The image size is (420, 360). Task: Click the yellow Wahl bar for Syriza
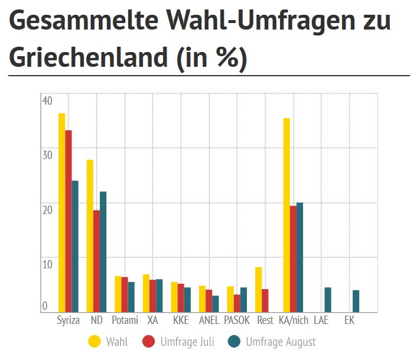point(61,212)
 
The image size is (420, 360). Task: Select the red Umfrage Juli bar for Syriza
point(69,221)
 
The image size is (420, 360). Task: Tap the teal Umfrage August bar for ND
point(103,252)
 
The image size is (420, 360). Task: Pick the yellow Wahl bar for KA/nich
point(286,215)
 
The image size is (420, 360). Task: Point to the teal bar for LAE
point(328,300)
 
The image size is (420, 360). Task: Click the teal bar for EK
point(356,301)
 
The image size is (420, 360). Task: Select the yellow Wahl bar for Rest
point(258,290)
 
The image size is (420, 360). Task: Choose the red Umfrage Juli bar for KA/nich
point(294,259)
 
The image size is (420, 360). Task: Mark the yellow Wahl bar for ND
point(90,236)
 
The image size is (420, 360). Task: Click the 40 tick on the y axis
point(47,100)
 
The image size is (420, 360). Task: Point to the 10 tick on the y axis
point(47,264)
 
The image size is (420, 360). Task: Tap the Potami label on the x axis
point(125,321)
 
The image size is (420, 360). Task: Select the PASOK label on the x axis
point(237,321)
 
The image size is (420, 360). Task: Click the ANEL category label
point(209,321)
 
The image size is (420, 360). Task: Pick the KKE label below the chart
point(181,321)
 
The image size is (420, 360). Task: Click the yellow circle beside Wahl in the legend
point(95,342)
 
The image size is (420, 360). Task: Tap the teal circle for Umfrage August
point(235,342)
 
